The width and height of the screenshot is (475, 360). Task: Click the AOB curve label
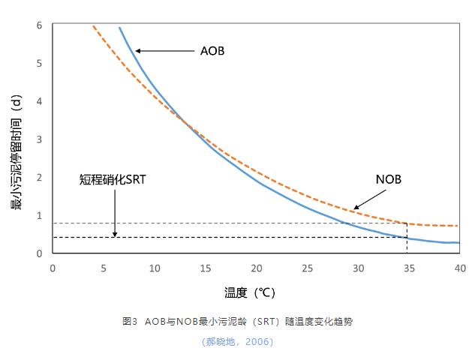[x=212, y=52]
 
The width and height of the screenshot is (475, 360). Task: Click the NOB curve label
[x=389, y=179]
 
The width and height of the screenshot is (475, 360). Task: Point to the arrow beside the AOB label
[x=165, y=51]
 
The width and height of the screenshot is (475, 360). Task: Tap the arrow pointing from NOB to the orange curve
[x=367, y=199]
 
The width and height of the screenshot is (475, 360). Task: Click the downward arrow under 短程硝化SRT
[x=115, y=214]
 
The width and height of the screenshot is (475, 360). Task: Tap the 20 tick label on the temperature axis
[x=257, y=268]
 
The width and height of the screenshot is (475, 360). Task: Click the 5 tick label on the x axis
[x=104, y=268]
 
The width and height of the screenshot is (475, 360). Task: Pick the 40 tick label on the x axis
[x=460, y=268]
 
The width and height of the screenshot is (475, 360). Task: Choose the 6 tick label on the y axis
[x=39, y=25]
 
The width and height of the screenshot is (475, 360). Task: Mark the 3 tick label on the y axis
[x=39, y=139]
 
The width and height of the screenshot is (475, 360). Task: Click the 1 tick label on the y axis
[x=39, y=216]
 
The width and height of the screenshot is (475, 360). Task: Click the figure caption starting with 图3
[x=237, y=322]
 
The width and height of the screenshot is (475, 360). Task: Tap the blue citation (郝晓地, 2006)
[x=237, y=342]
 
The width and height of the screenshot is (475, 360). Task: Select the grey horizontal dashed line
[x=225, y=223]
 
